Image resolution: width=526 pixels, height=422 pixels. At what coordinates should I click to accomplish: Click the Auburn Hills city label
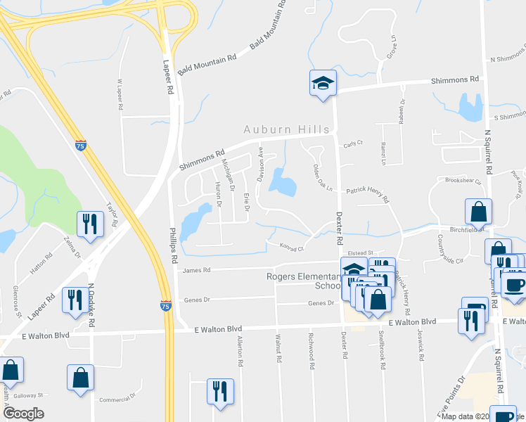point(286,129)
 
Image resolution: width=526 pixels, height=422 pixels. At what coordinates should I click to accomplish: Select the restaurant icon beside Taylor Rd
point(90,224)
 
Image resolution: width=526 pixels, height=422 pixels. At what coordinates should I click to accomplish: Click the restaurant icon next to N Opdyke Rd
point(75,300)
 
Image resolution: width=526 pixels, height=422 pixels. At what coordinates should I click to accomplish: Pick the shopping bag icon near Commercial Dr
point(80,377)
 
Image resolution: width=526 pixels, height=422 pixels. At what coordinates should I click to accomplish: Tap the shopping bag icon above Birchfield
point(478,211)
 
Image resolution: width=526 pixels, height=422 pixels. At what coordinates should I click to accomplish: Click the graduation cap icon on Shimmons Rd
point(323,84)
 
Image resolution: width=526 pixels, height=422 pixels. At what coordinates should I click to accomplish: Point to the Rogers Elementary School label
point(304,281)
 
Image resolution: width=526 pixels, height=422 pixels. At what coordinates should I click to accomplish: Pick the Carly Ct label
point(352,143)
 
